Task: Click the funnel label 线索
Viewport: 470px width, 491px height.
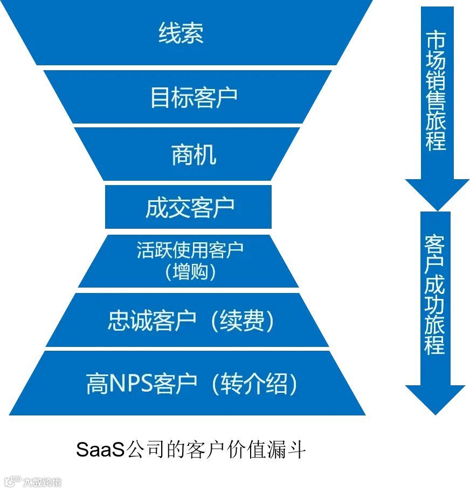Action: click(181, 33)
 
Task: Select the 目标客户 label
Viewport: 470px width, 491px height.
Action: click(193, 98)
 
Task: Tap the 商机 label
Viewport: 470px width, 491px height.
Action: click(193, 155)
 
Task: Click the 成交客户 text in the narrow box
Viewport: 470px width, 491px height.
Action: click(190, 208)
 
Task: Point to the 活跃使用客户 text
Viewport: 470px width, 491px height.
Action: click(190, 250)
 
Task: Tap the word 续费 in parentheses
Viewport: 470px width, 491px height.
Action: click(243, 322)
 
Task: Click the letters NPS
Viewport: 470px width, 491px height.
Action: click(132, 385)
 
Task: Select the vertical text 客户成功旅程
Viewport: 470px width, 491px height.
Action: click(435, 294)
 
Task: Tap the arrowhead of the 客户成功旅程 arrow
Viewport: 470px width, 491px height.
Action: click(435, 400)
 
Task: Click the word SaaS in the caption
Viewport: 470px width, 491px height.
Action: click(100, 449)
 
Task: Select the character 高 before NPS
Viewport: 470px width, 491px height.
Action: click(98, 385)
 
